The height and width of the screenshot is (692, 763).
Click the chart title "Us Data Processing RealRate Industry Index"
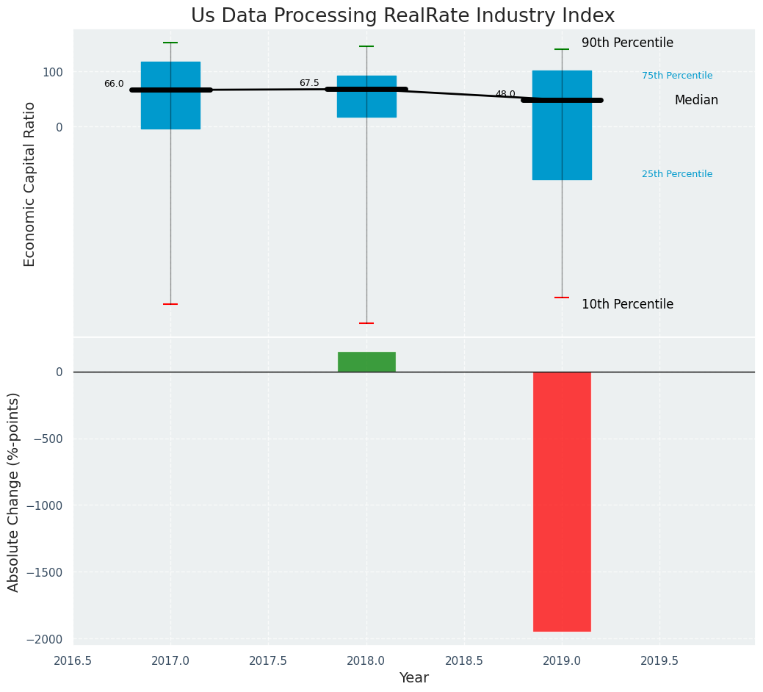[402, 16]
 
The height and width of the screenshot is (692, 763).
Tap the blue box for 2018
[366, 103]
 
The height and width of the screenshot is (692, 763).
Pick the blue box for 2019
[562, 140]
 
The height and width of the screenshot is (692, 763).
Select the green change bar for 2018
[366, 361]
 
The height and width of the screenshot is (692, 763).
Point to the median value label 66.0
[114, 84]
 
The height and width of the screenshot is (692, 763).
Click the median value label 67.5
[309, 83]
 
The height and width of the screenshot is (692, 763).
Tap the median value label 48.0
[505, 94]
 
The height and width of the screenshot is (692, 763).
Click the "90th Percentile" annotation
[627, 43]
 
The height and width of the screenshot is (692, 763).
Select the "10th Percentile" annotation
[627, 304]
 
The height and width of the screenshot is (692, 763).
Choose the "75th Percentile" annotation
[676, 76]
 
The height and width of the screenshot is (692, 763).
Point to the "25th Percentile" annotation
[676, 174]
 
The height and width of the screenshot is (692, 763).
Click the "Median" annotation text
[696, 100]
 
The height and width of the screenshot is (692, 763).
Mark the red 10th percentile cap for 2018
[366, 323]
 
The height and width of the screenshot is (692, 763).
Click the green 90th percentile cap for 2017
[170, 43]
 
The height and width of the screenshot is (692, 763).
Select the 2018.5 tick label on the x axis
[464, 660]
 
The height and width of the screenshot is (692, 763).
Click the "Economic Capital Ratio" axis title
[30, 184]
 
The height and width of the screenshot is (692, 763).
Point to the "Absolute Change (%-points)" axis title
[14, 491]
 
